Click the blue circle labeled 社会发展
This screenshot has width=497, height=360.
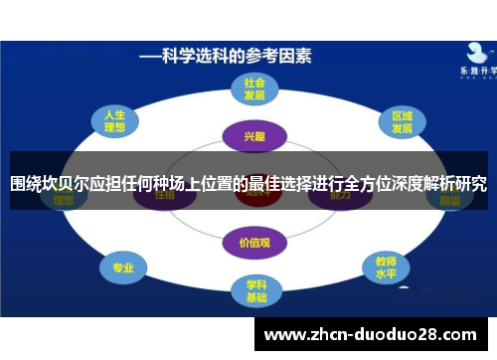point(255,90)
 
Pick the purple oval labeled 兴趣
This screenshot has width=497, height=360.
point(255,135)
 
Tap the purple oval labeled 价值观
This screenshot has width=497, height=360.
point(255,241)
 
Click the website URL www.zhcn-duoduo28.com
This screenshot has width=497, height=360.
point(373,334)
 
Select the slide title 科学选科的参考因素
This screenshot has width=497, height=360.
point(227,56)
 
